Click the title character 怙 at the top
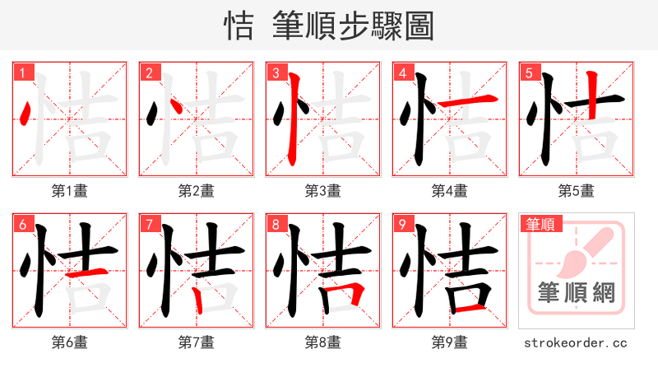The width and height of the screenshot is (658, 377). (239, 26)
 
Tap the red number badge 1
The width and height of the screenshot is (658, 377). (21, 72)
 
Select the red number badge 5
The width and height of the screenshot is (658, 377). (528, 72)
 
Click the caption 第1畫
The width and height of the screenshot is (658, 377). (69, 190)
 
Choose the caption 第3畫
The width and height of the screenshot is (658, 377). (322, 190)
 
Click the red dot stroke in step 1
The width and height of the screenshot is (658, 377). (26, 114)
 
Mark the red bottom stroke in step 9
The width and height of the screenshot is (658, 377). (470, 308)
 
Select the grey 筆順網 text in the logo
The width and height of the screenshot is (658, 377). (576, 291)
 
